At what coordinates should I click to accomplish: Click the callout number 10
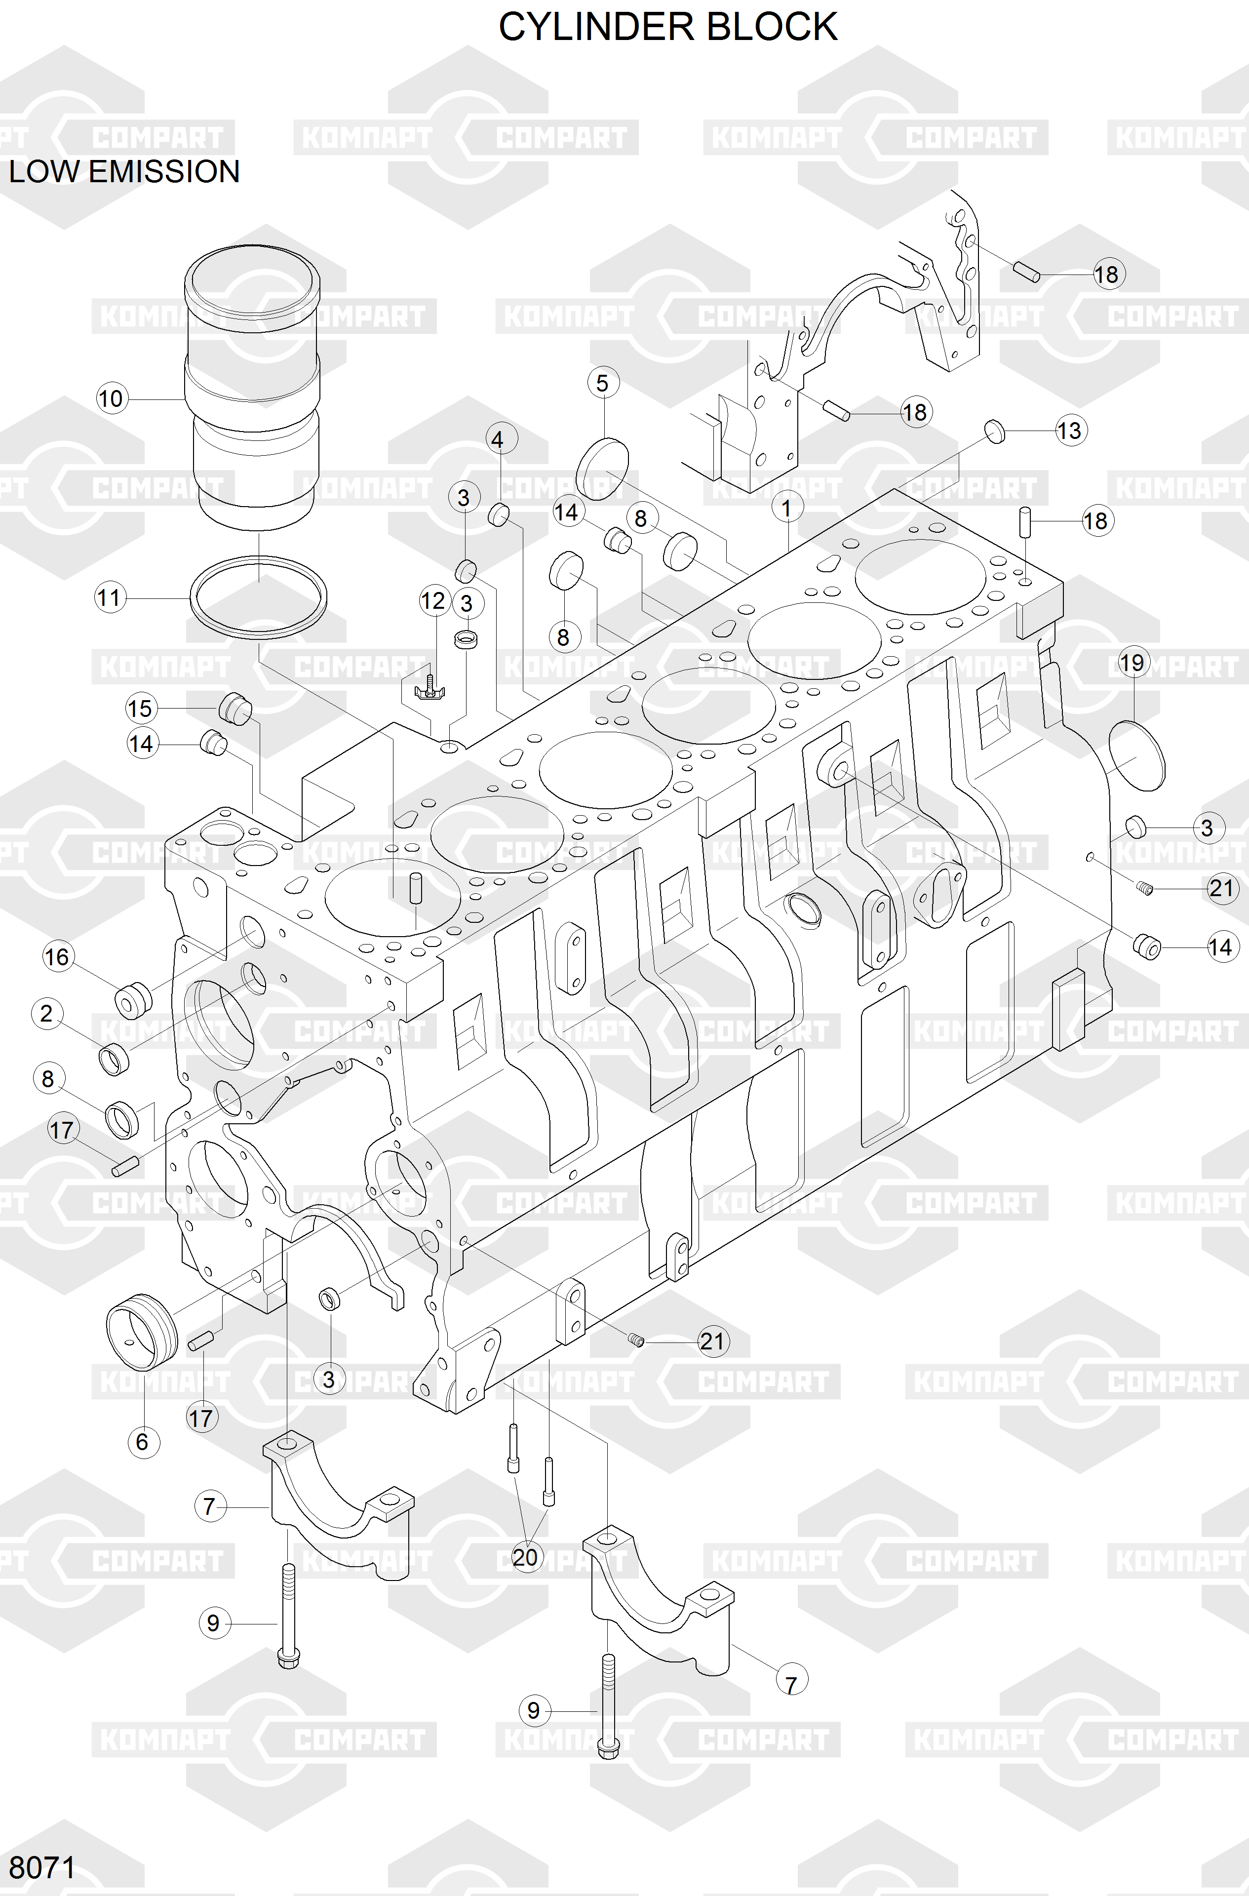coord(111,398)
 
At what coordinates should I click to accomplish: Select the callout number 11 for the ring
coord(109,597)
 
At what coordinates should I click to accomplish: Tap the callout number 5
coord(602,383)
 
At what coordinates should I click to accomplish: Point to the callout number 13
coord(1069,431)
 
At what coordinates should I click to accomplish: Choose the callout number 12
coord(433,601)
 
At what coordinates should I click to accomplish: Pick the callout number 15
coord(140,708)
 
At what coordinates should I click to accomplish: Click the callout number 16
coord(57,957)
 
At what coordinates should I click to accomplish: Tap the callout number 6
coord(143,1441)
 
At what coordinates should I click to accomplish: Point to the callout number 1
coord(787,508)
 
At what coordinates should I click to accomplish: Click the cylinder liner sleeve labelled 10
coord(253,382)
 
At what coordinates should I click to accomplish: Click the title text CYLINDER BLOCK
coord(667,27)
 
